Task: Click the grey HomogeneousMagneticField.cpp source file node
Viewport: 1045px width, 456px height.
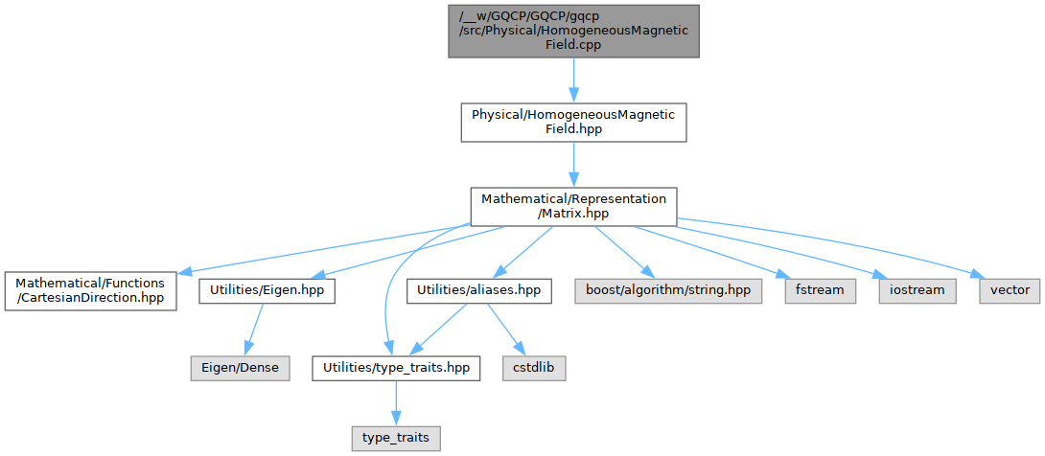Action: tap(573, 31)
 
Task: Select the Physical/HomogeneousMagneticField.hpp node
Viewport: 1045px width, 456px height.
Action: tap(573, 122)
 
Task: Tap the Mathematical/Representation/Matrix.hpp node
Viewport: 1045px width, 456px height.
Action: tap(573, 206)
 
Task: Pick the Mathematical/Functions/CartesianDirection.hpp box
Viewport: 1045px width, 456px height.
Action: tap(89, 290)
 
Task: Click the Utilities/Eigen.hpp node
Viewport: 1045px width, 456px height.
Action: tap(267, 289)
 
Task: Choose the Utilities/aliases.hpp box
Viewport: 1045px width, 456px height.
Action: tap(479, 289)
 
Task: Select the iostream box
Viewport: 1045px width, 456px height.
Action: tap(911, 289)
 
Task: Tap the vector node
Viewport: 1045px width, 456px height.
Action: tap(1010, 289)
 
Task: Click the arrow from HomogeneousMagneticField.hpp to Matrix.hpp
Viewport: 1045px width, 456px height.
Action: tap(573, 164)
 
